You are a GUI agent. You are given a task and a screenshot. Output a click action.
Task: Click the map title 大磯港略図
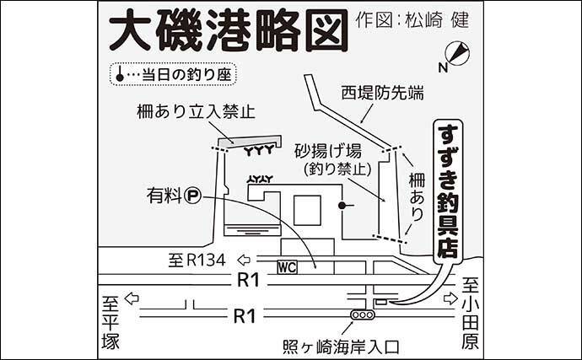[227, 30]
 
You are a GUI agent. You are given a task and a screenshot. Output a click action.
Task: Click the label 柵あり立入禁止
[198, 112]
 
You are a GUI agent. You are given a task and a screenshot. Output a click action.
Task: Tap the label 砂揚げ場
[328, 152]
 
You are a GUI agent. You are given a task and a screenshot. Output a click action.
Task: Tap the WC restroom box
[287, 267]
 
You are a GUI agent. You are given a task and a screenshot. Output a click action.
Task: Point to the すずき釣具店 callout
[447, 190]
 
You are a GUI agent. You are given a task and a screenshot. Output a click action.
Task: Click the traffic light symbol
[364, 315]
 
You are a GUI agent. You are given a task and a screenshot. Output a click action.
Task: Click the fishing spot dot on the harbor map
[340, 205]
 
